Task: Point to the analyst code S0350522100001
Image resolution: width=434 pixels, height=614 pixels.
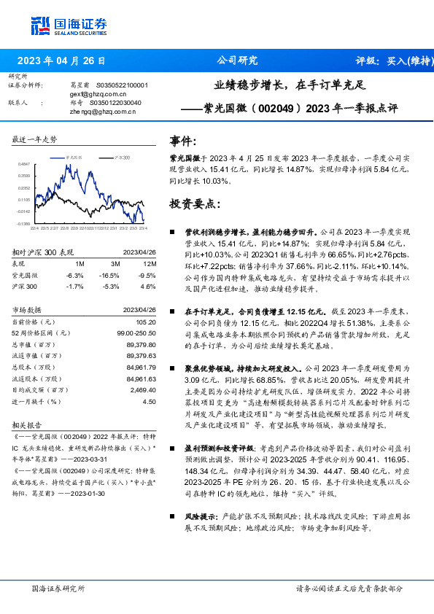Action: tap(122, 85)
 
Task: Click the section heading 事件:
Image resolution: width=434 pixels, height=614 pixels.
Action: tap(183, 141)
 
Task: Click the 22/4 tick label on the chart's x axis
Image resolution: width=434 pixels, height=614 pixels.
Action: tap(34, 228)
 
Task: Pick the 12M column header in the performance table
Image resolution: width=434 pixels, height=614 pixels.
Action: tap(150, 263)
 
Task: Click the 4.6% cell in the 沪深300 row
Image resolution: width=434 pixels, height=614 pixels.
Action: tap(150, 287)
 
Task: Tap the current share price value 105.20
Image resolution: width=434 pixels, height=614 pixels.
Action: tap(146, 322)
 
